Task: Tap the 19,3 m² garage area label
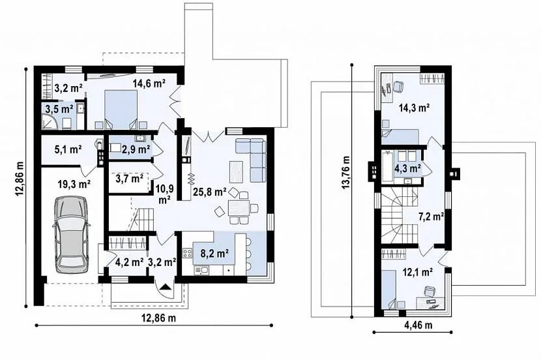tap(74, 185)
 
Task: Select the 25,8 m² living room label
tap(209, 192)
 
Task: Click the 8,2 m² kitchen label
tap(215, 254)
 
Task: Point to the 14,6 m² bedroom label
tap(149, 83)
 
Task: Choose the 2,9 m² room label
tap(136, 149)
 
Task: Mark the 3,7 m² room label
tap(130, 179)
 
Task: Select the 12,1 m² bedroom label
tap(418, 273)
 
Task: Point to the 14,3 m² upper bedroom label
tap(414, 108)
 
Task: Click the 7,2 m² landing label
tap(431, 217)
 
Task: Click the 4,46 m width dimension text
tap(417, 325)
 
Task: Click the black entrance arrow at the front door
tap(166, 286)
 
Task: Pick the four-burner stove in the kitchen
tap(187, 253)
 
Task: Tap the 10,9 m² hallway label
tap(164, 194)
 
